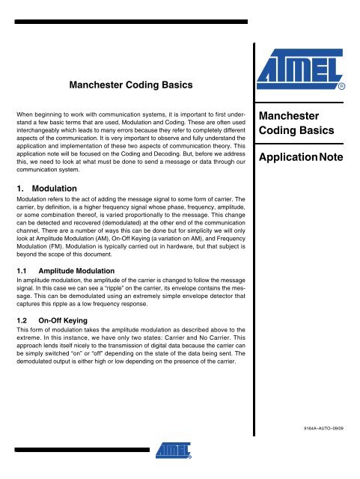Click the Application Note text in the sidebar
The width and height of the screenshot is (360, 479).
[x=308, y=159]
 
